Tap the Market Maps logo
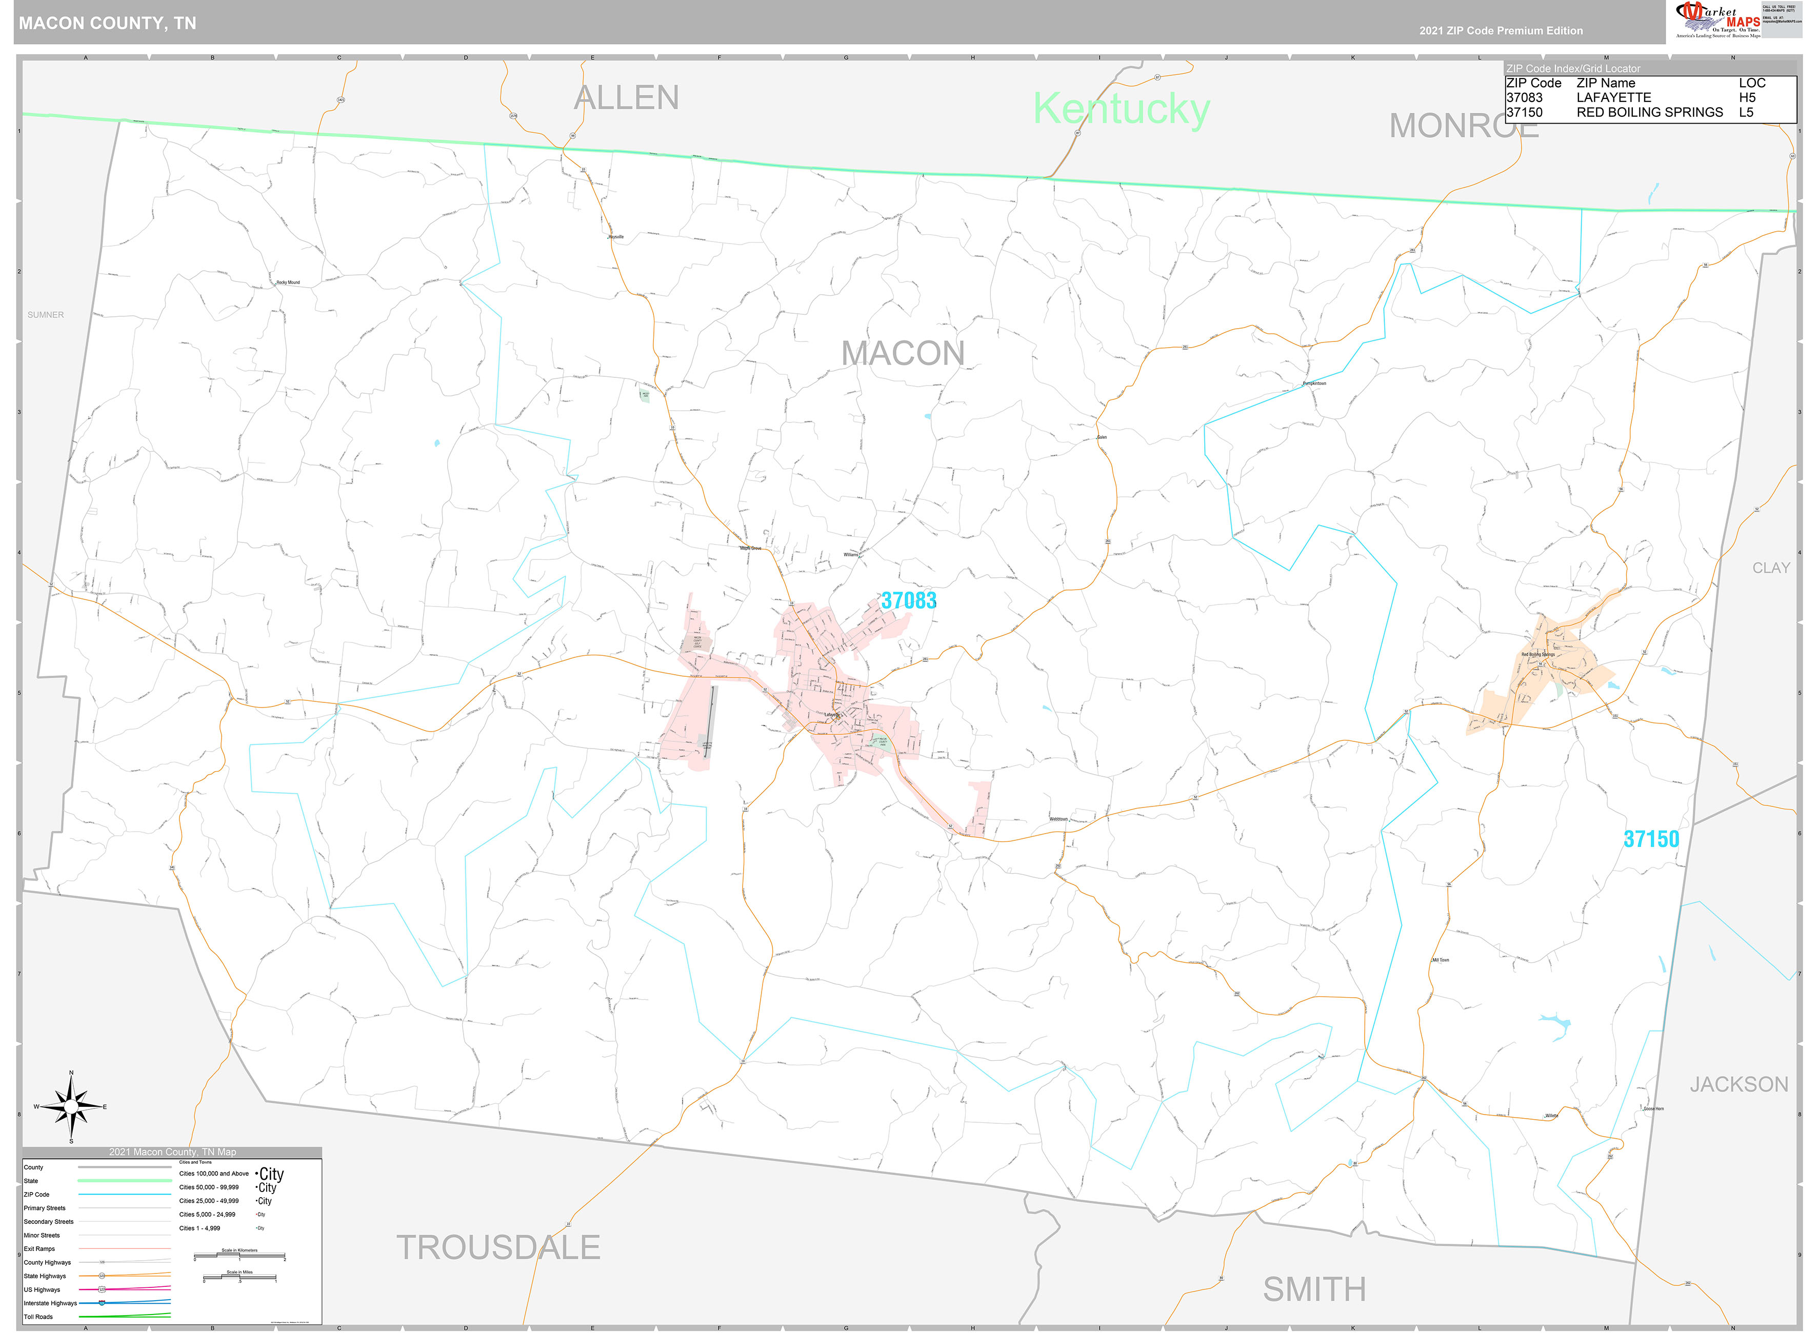[1717, 19]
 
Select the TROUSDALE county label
[498, 1247]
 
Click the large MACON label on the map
[902, 353]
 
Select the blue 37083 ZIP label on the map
[909, 600]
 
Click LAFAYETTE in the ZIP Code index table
[1614, 97]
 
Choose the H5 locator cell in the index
[1747, 97]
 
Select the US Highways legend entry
[42, 1289]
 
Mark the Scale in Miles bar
[239, 1277]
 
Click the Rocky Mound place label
[288, 282]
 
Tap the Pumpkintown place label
[1314, 383]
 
